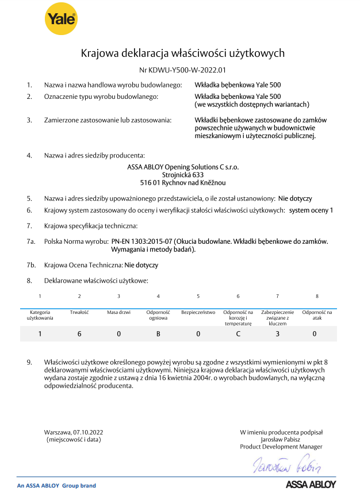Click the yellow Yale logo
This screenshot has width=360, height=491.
pyautogui.click(x=61, y=20)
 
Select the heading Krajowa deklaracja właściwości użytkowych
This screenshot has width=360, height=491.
pyautogui.click(x=183, y=53)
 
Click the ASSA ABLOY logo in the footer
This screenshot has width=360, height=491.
pyautogui.click(x=311, y=485)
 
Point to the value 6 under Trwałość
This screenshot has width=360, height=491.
pyautogui.click(x=79, y=333)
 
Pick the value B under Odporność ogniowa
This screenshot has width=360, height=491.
pyautogui.click(x=158, y=333)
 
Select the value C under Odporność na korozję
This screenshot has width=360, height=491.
pyautogui.click(x=238, y=333)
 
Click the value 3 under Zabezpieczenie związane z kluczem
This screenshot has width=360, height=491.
pyautogui.click(x=277, y=333)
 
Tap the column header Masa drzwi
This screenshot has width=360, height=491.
pyautogui.click(x=118, y=312)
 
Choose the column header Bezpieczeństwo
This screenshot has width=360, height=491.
pyautogui.click(x=198, y=312)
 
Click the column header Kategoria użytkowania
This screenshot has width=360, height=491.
pyautogui.click(x=40, y=314)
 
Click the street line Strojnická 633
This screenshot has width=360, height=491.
pyautogui.click(x=183, y=174)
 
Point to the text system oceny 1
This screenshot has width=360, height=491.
pyautogui.click(x=311, y=210)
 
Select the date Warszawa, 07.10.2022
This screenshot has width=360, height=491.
pyautogui.click(x=74, y=432)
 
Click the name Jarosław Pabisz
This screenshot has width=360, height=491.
pyautogui.click(x=281, y=439)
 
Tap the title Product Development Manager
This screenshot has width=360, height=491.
pyautogui.click(x=281, y=447)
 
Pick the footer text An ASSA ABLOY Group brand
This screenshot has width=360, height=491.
pyautogui.click(x=56, y=486)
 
